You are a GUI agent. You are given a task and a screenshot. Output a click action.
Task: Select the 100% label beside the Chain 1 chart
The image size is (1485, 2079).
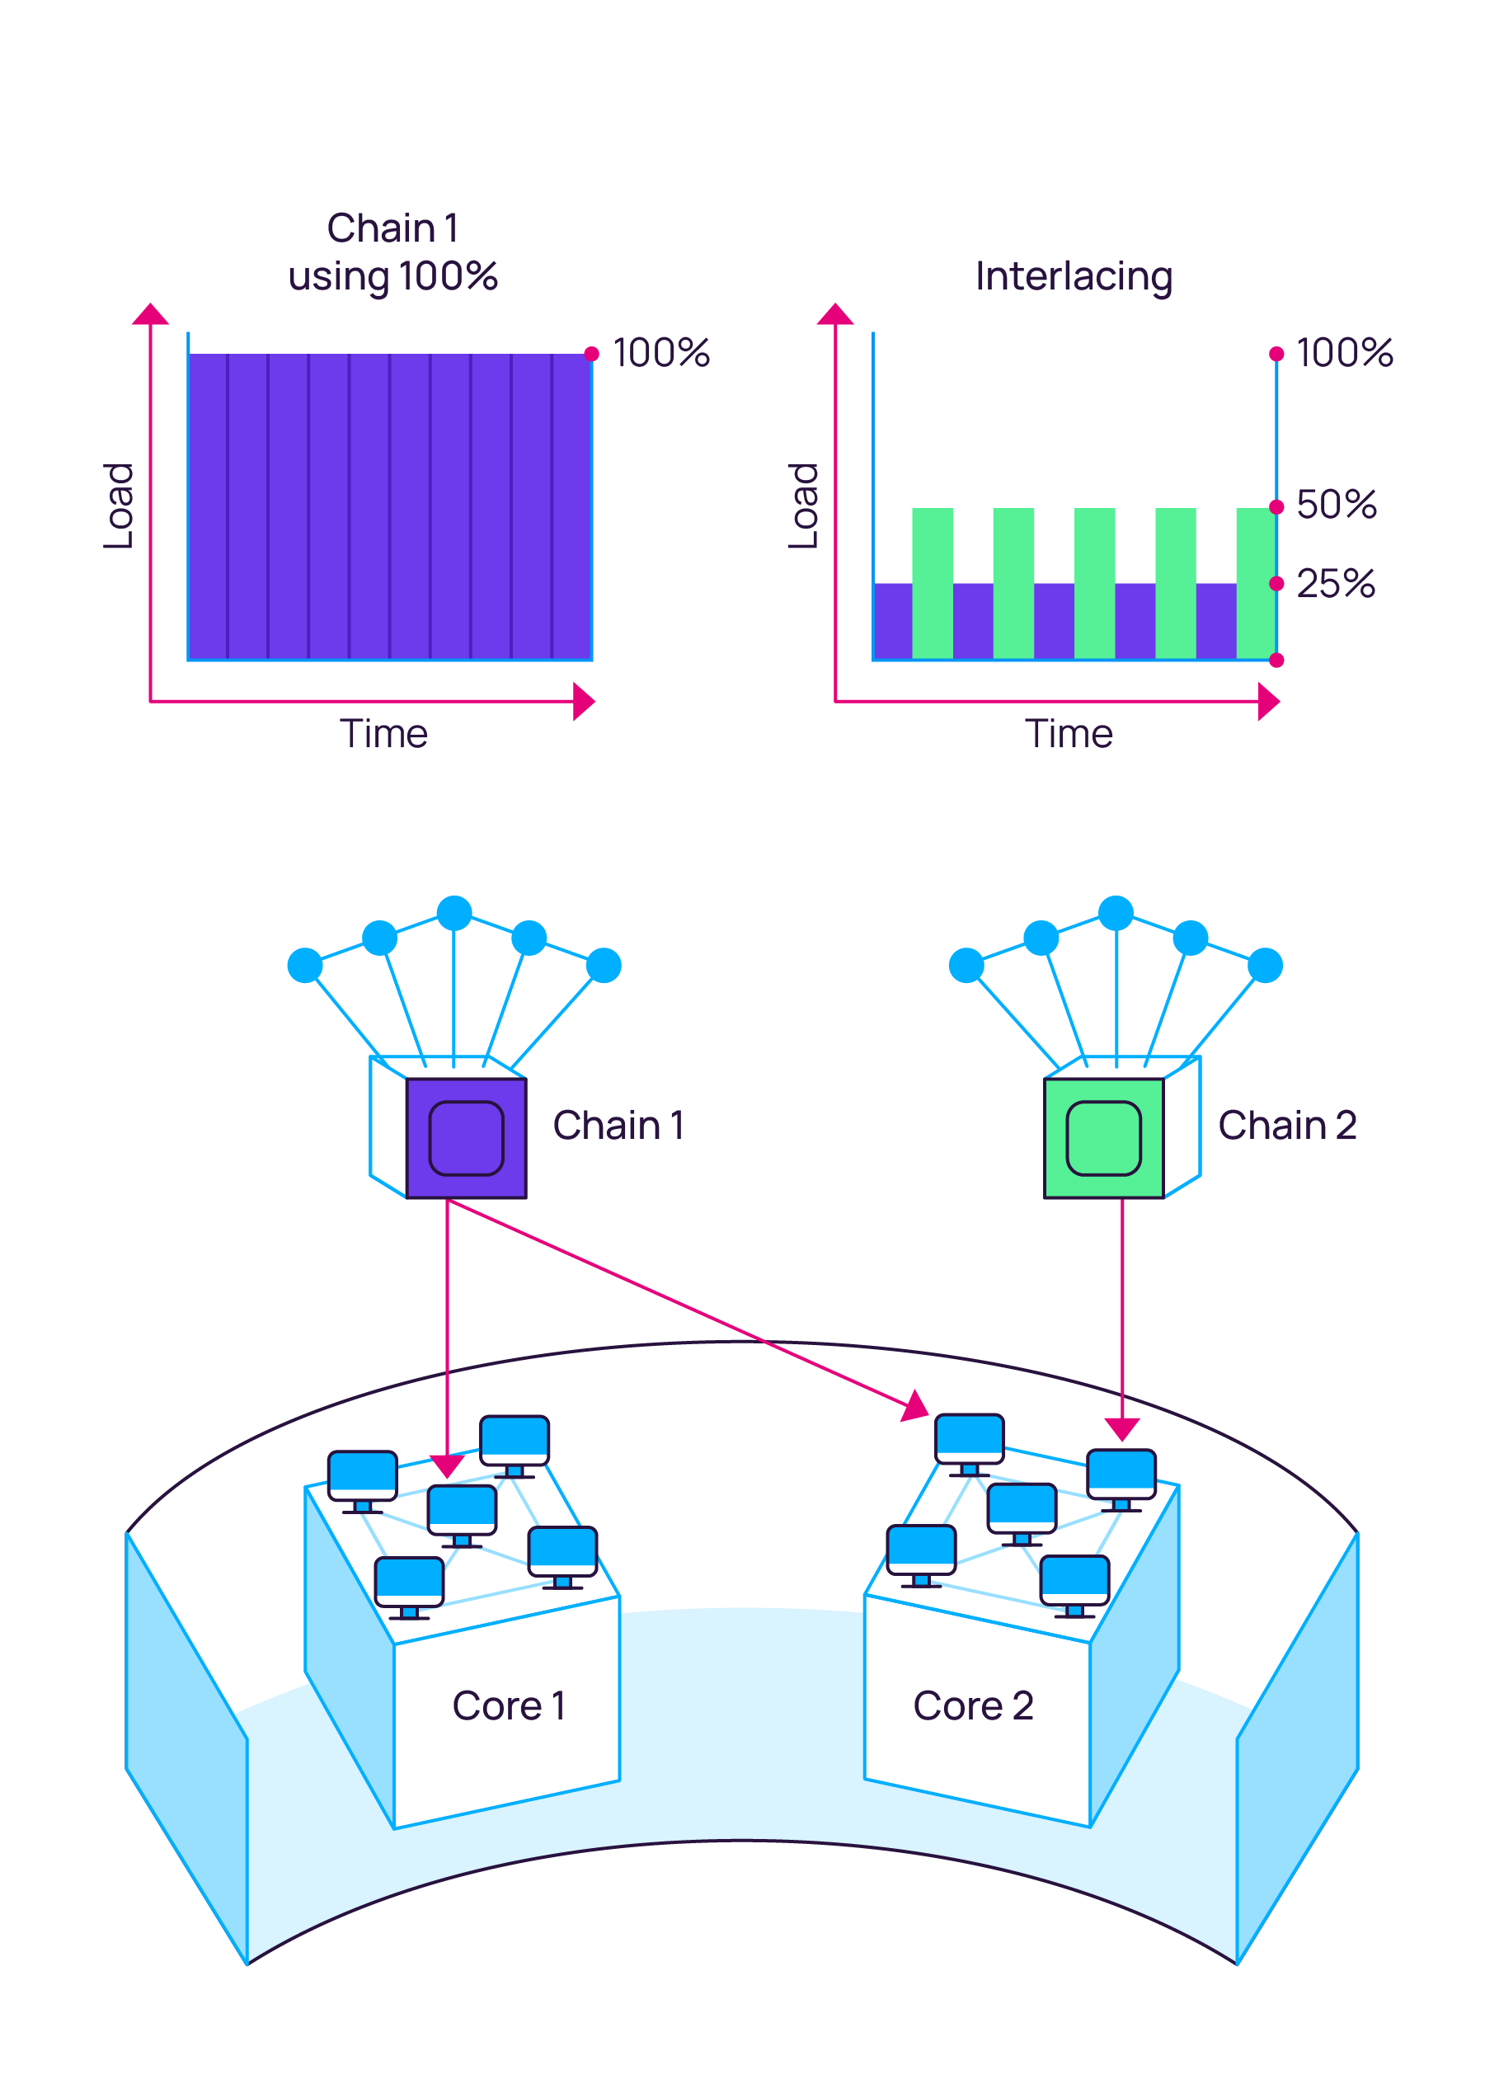(661, 353)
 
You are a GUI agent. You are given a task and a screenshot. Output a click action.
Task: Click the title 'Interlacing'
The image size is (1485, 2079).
(1074, 276)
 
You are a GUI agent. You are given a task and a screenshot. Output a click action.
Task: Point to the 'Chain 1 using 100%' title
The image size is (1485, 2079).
(393, 252)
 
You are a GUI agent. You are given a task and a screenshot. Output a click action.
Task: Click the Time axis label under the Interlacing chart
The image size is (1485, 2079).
(1068, 735)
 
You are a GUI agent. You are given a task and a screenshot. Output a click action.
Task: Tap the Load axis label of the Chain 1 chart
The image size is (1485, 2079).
(119, 506)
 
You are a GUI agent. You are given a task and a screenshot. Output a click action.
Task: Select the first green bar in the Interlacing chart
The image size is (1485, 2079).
(932, 583)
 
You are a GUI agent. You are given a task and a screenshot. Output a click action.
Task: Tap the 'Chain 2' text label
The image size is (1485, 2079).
(1286, 1125)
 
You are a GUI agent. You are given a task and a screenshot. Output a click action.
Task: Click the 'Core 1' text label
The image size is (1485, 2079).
(509, 1705)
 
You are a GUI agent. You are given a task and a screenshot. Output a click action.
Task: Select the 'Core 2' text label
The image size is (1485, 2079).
(973, 1705)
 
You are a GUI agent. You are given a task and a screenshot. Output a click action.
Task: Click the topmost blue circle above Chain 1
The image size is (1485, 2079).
(454, 913)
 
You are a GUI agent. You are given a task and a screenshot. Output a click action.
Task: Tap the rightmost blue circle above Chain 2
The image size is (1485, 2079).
(1265, 965)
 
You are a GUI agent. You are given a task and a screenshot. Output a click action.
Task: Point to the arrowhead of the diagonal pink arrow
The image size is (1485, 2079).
(915, 1406)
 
